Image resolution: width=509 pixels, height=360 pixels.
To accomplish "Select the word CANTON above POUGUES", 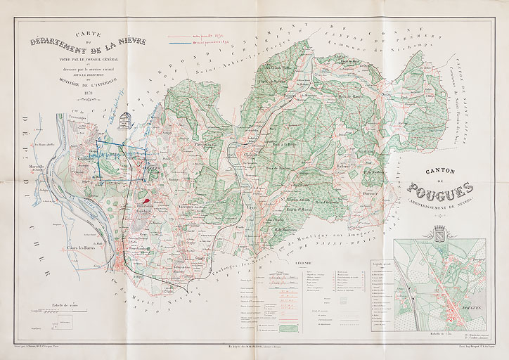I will (439, 171).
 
